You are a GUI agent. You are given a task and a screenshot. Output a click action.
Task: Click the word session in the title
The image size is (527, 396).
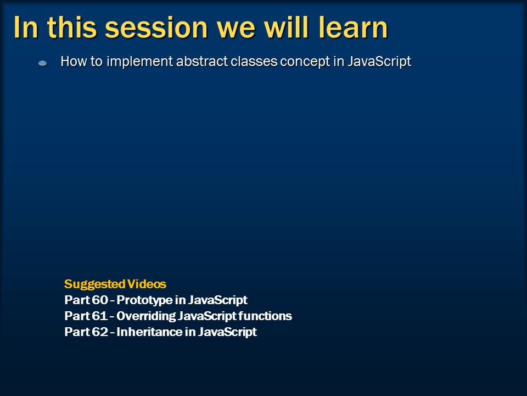point(156,28)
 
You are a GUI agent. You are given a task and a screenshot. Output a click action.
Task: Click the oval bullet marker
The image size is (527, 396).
point(42,63)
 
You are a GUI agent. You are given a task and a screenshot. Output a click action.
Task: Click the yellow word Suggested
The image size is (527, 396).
point(95,284)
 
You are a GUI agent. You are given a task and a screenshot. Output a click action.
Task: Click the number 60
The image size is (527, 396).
point(100,300)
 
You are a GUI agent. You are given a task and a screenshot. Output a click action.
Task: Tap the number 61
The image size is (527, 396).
point(99,316)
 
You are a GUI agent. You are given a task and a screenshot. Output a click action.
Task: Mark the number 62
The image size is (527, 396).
point(100,332)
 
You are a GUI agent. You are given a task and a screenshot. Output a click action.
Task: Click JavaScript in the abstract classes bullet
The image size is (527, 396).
point(379,62)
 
